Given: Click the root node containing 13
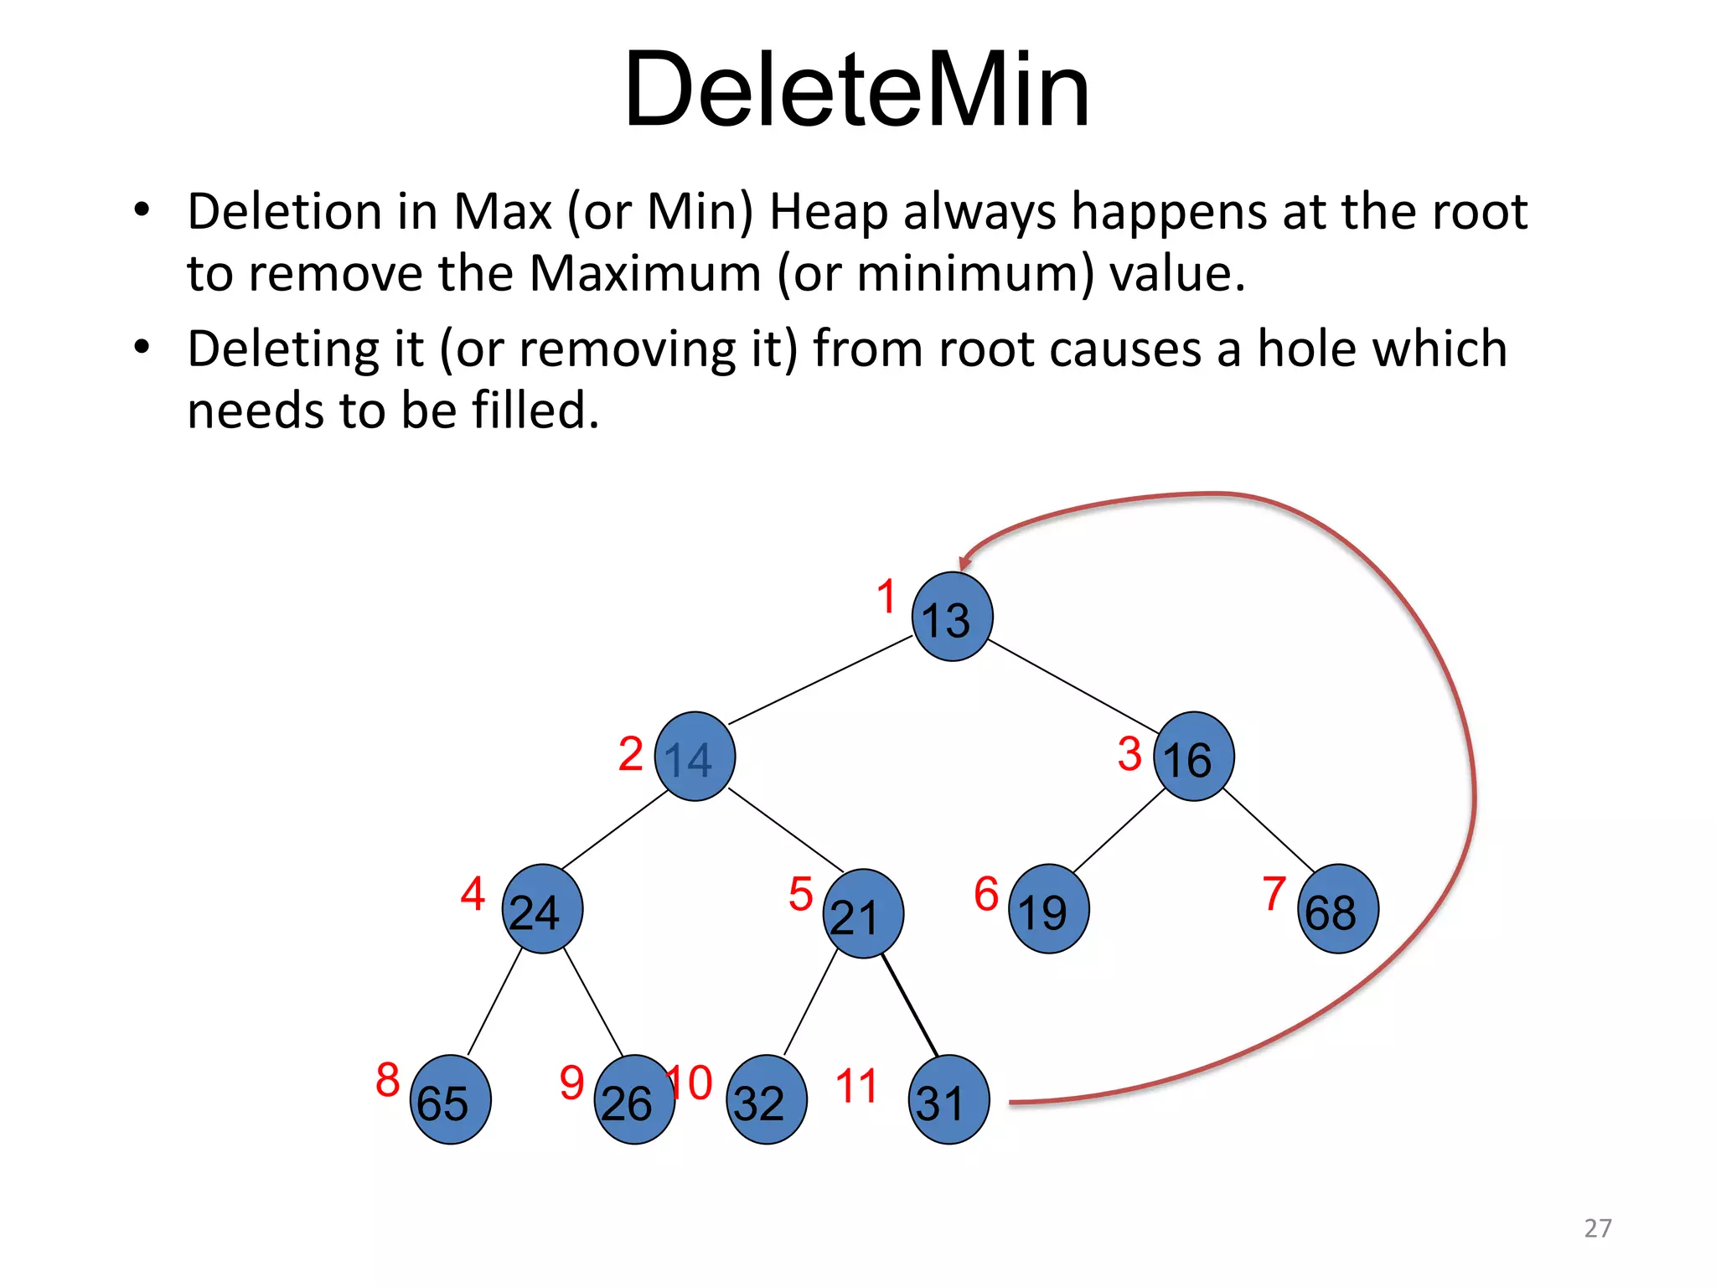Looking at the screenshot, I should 952,617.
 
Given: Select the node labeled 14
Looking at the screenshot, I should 695,757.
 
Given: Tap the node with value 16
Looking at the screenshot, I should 1193,757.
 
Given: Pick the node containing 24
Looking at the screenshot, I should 542,909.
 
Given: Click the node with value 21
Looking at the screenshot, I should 863,913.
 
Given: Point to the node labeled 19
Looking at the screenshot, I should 1049,909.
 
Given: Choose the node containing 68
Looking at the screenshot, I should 1337,909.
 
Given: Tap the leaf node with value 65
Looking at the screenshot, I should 451,1099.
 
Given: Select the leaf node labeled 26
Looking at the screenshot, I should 634,1099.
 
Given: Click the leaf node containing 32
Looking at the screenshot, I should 767,1099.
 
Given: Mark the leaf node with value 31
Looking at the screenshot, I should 948,1099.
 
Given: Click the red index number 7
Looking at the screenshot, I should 1274,893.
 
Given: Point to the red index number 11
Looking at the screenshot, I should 856,1086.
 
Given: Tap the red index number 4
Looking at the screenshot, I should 473,893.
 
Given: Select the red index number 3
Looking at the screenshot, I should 1129,754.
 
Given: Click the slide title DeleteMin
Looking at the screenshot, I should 856,89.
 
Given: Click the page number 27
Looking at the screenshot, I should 1598,1228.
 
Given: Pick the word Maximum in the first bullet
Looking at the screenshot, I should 645,273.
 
